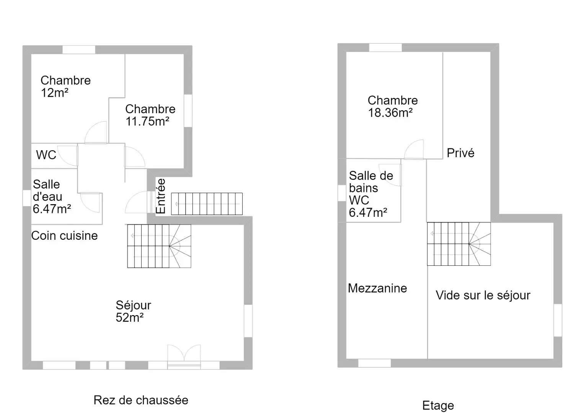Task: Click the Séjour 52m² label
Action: [133, 311]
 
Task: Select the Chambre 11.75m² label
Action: [150, 115]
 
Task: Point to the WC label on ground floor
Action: [46, 155]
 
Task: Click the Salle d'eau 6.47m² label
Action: [52, 197]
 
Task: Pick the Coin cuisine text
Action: [64, 236]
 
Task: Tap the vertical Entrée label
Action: [161, 196]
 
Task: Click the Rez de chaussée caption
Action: [141, 400]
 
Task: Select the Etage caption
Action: [438, 405]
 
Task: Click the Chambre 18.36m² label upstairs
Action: [393, 107]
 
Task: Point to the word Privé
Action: [460, 153]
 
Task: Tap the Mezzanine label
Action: [377, 288]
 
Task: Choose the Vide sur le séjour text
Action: [483, 295]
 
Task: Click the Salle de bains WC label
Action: [371, 194]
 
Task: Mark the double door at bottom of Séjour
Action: [184, 356]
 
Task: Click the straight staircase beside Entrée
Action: [207, 204]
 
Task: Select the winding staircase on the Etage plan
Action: [459, 244]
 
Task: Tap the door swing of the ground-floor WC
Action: [68, 156]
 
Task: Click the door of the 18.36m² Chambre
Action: [414, 149]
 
